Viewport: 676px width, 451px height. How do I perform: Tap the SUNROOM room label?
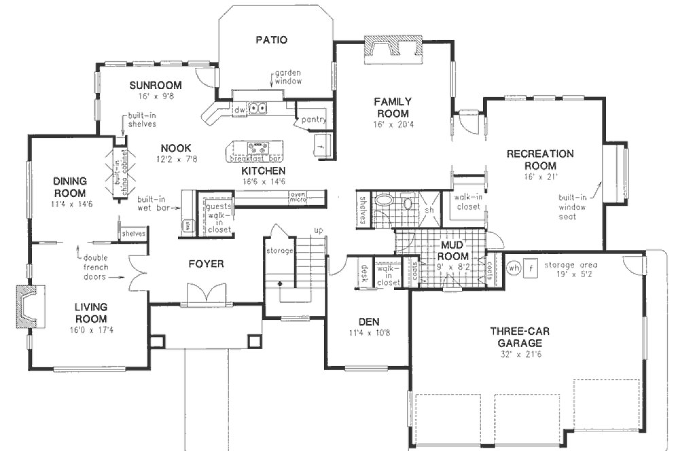coord(156,85)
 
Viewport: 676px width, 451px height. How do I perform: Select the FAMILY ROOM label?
coord(392,107)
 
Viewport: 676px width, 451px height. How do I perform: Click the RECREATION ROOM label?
coord(540,160)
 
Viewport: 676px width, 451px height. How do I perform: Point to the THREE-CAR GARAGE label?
coord(520,337)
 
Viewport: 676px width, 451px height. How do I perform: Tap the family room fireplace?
coord(392,50)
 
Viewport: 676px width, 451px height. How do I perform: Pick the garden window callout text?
coord(288,76)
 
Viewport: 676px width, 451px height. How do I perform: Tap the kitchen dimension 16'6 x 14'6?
coord(263,182)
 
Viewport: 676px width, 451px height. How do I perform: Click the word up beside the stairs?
coord(317,232)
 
